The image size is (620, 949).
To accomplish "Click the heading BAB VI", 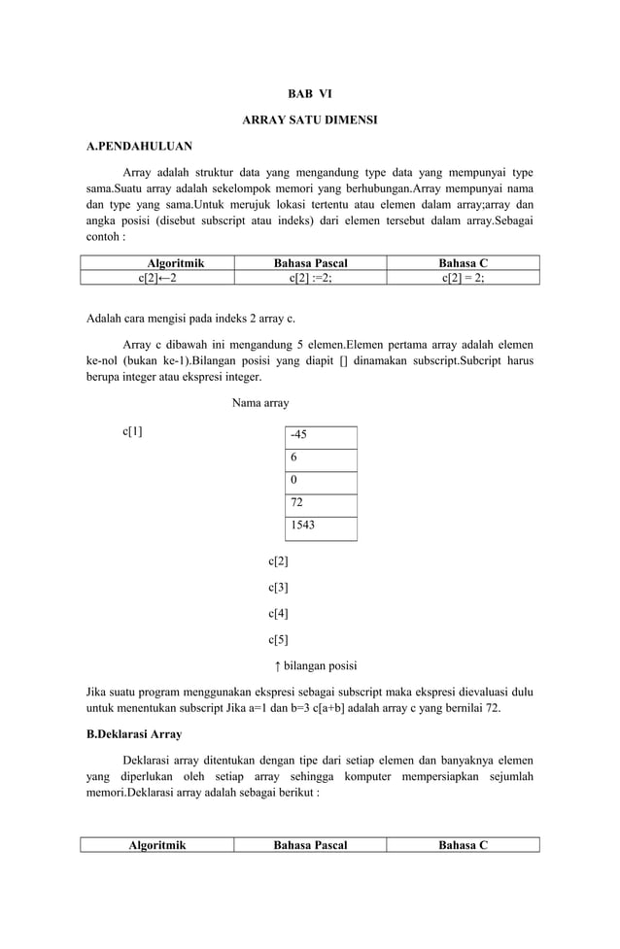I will tap(309, 94).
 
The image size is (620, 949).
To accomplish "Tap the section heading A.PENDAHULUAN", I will tap(139, 147).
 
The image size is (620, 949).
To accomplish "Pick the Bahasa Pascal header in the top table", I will tap(310, 263).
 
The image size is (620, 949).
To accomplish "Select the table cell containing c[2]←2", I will tap(157, 277).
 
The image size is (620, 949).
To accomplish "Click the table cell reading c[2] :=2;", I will tap(310, 277).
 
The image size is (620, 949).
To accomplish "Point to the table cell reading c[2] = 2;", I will tap(463, 277).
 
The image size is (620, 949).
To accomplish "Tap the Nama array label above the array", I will tap(260, 402).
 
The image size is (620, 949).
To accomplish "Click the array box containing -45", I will tap(321, 436).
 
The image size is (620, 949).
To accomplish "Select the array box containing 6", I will tap(321, 459).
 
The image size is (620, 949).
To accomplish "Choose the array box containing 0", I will tap(321, 482).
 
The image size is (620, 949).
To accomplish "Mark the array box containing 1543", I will tap(321, 526).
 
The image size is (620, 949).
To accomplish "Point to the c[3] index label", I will tap(278, 588).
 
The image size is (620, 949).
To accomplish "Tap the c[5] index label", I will tap(278, 640).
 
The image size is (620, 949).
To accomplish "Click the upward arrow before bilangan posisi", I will tap(278, 666).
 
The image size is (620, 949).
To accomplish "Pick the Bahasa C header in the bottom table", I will tap(463, 845).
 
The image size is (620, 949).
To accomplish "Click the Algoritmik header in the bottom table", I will tap(157, 845).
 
